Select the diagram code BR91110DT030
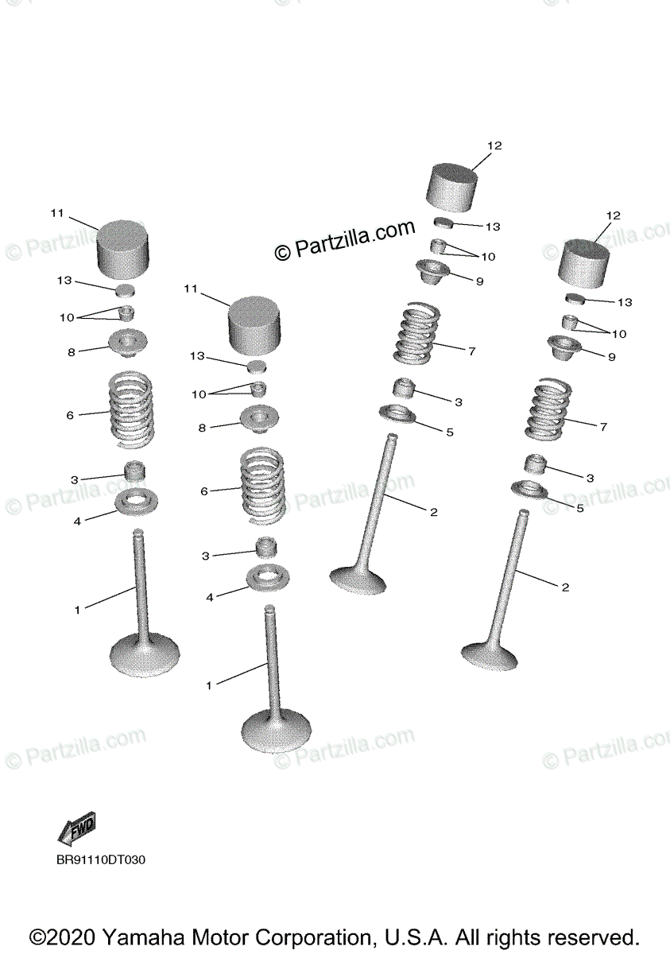tap(101, 859)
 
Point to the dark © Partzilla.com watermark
tap(345, 240)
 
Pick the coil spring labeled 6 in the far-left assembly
tap(130, 408)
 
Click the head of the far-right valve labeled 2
tap(490, 655)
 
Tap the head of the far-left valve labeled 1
tap(145, 657)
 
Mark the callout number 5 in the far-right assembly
tap(579, 508)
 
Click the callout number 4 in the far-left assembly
tap(78, 522)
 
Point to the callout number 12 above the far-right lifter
tap(613, 215)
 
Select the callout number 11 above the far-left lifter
tap(56, 213)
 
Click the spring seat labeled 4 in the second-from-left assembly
tap(267, 577)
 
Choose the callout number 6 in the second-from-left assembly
tap(204, 492)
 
